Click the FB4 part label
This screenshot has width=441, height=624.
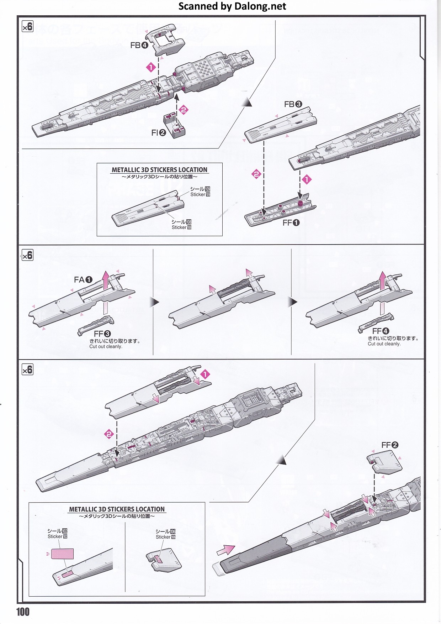[x=139, y=45]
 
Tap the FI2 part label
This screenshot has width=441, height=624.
[x=159, y=133]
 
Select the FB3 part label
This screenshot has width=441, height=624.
[x=293, y=104]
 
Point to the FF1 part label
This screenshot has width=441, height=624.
[x=291, y=223]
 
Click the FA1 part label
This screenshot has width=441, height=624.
[x=83, y=280]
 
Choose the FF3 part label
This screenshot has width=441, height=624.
[x=102, y=334]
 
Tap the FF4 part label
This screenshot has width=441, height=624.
[x=381, y=331]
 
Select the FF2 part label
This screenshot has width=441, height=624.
[x=390, y=445]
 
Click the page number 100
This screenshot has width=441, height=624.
[x=23, y=612]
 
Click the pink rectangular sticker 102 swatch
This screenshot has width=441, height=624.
[x=63, y=554]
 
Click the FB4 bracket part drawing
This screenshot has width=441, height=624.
[x=165, y=39]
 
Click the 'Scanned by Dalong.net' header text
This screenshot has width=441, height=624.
[x=232, y=6]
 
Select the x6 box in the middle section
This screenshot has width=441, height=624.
[x=27, y=255]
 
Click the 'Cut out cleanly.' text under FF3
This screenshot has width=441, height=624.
[x=106, y=346]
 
